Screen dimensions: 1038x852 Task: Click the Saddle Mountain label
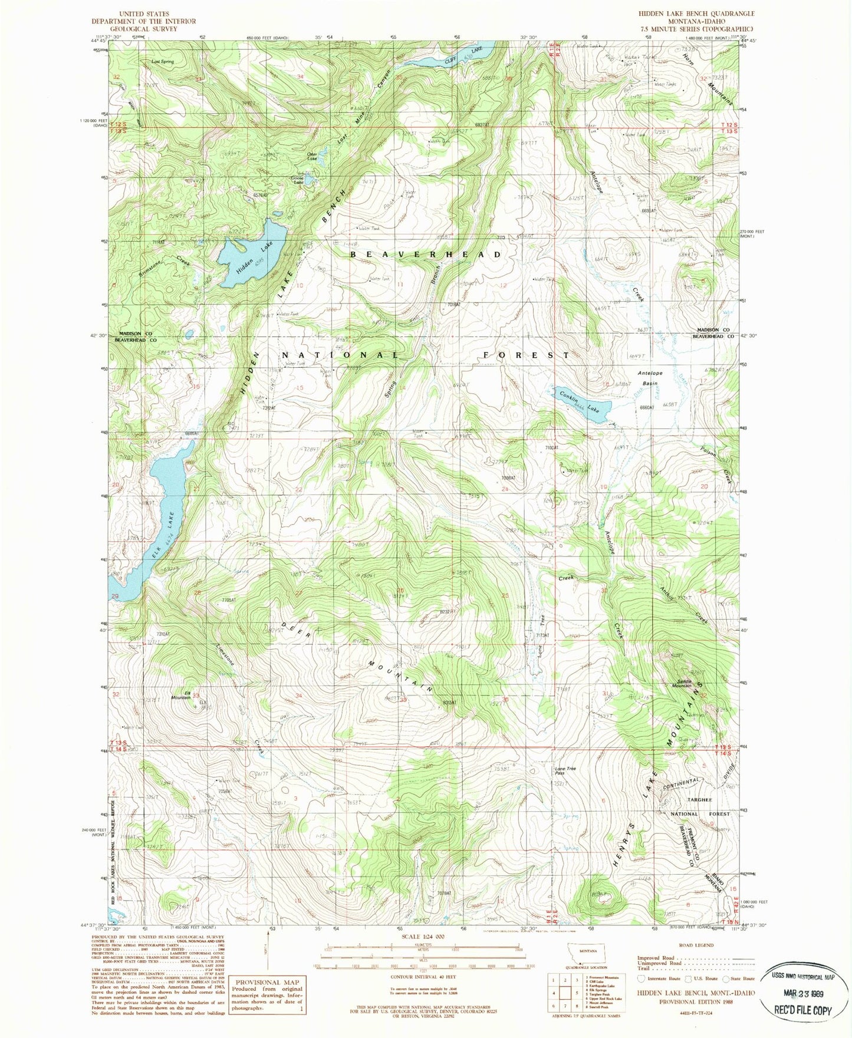point(682,685)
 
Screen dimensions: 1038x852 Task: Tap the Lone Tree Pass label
point(565,771)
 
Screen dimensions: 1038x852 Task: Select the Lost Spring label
point(162,61)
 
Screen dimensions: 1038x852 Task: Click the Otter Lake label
point(312,157)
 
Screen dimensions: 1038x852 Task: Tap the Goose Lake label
point(298,180)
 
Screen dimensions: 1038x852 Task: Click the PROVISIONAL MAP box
point(269,995)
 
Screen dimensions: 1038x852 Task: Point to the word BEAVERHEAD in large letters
point(426,254)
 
